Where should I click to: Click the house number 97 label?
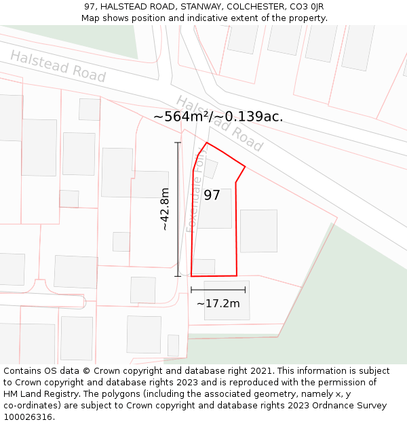(x=212, y=195)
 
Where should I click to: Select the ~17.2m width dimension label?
(x=218, y=303)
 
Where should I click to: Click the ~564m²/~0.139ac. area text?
(x=218, y=117)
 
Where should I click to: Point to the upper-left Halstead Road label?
(x=58, y=66)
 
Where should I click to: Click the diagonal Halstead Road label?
(x=219, y=123)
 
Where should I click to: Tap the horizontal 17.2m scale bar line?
(x=218, y=290)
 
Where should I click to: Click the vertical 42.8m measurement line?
(x=178, y=209)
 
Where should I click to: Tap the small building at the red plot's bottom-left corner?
(x=203, y=266)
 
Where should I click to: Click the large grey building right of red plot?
(x=258, y=231)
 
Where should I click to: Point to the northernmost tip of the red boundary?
(x=207, y=143)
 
